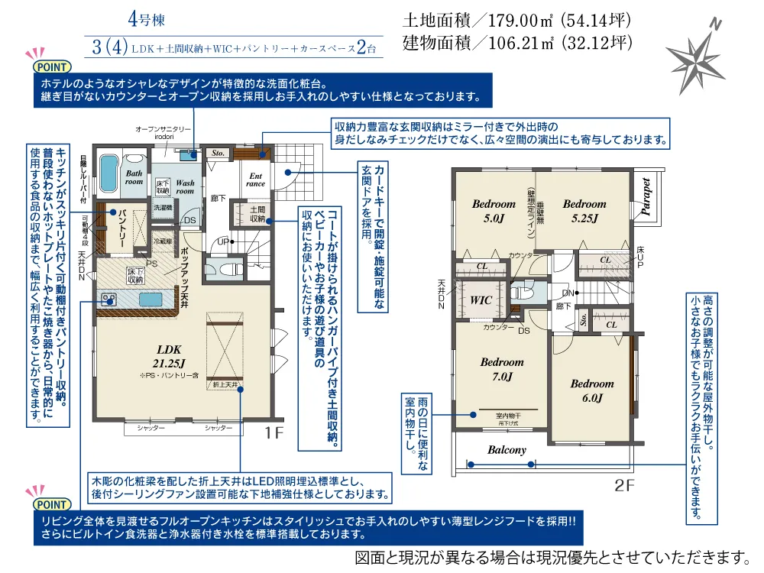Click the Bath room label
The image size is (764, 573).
tap(134, 177)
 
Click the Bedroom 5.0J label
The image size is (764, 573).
tap(493, 210)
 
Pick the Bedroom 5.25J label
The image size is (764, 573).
tap(584, 210)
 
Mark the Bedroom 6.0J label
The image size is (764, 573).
tap(592, 390)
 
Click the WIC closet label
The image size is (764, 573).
tap(481, 300)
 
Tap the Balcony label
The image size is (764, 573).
tap(507, 450)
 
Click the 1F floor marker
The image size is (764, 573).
tap(274, 433)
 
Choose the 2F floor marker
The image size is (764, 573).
tap(625, 484)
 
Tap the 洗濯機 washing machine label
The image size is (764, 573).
tap(163, 207)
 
